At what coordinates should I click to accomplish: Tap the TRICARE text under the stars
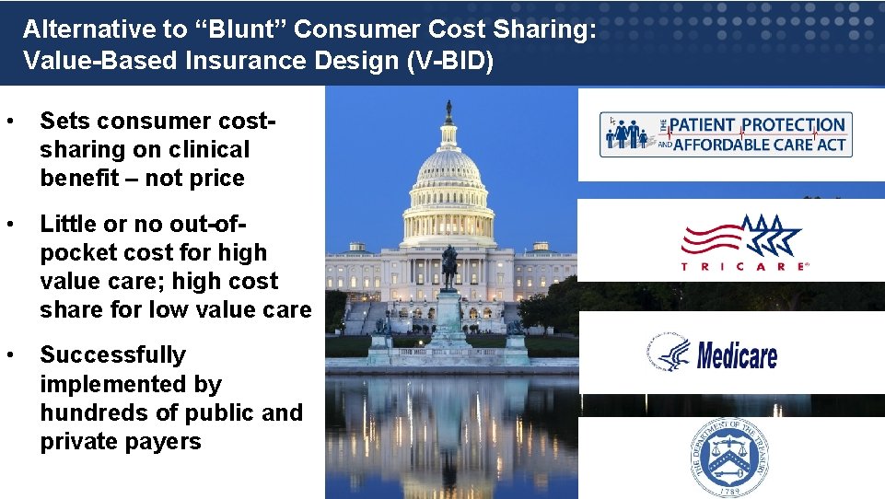744,266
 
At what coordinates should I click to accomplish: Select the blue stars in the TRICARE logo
772,235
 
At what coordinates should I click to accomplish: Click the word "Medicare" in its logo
737,354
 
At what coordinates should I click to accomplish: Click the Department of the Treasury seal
731,458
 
